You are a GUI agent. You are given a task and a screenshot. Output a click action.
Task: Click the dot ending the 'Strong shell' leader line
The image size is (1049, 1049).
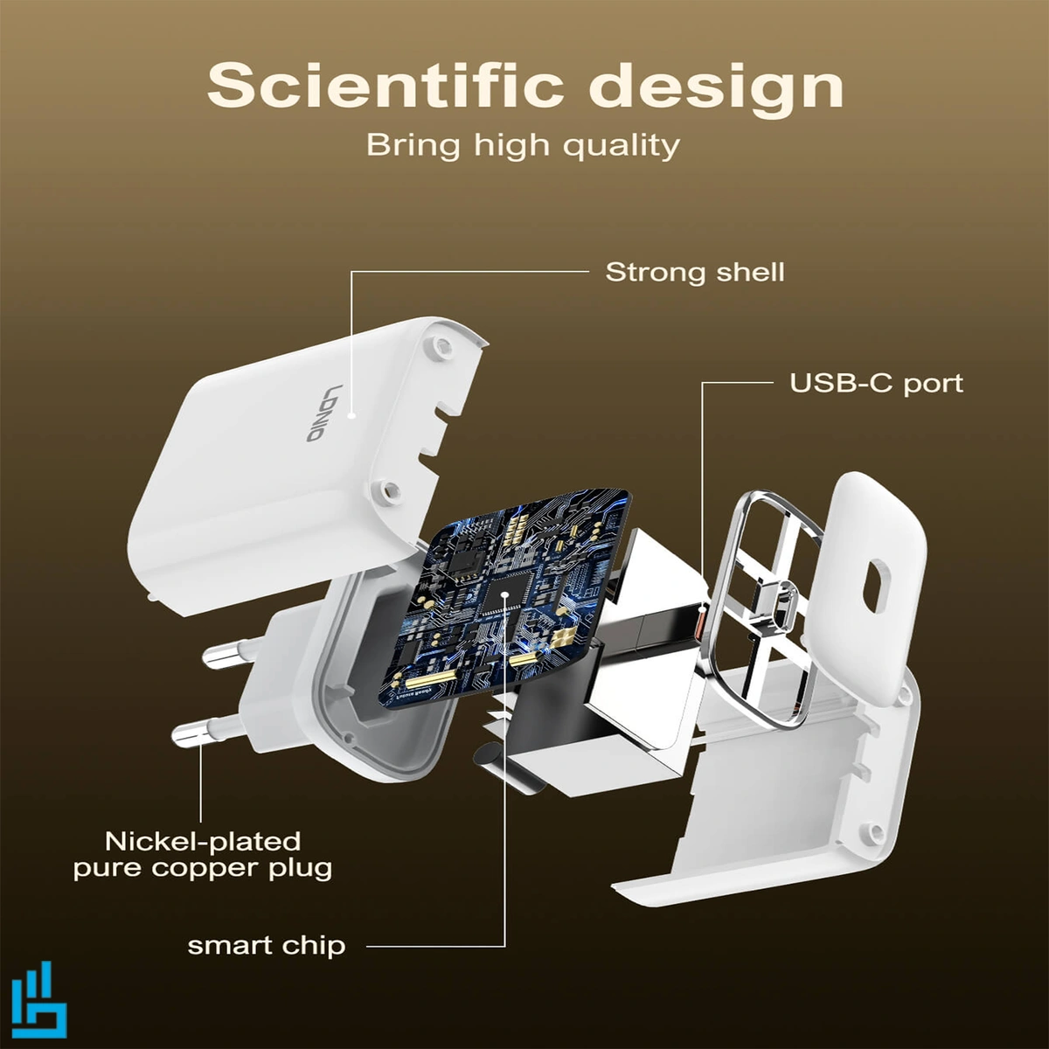click(352, 415)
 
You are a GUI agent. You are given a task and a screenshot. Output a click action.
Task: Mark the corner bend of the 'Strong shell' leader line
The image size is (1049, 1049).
click(351, 272)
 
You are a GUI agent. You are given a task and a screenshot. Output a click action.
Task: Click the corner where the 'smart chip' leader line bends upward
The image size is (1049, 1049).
click(504, 946)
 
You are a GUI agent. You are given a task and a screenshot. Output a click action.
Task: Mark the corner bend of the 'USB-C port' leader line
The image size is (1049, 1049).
click(702, 383)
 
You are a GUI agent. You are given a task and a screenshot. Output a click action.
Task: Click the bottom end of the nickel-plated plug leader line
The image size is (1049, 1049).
click(201, 822)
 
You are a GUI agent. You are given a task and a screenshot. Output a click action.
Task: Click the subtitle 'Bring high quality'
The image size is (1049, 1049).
click(523, 145)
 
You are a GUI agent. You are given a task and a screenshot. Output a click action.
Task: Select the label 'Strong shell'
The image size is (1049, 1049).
click(695, 272)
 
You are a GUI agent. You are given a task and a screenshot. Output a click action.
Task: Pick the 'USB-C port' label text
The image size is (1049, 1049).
click(876, 384)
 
